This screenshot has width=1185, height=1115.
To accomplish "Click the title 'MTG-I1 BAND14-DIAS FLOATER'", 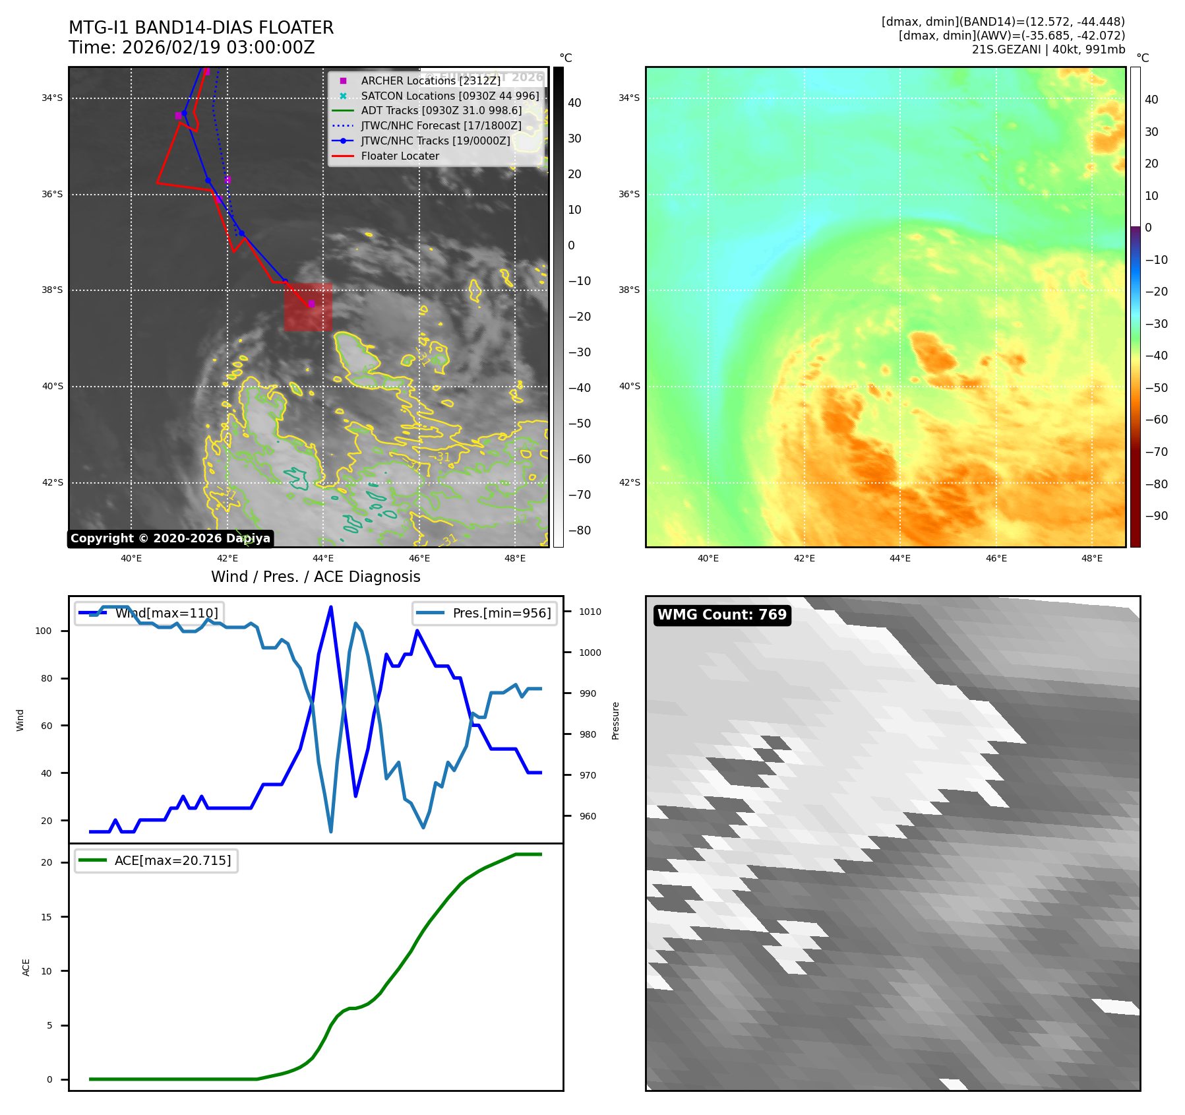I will (201, 28).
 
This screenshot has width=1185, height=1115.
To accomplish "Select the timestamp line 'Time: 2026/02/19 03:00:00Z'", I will (191, 48).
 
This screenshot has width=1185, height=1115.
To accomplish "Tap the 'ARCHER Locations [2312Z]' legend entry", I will (431, 80).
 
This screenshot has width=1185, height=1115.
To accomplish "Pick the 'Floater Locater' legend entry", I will (400, 156).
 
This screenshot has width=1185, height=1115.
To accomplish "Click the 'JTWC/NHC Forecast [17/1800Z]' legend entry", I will (441, 125).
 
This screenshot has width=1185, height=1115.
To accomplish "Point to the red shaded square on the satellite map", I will (308, 307).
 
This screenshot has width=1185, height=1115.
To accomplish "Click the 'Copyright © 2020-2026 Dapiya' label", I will (170, 538).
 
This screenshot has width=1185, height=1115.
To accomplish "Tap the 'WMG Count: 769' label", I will (722, 615).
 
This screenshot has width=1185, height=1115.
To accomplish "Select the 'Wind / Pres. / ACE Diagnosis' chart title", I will (315, 577).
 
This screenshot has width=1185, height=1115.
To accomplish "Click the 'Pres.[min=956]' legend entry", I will (501, 613).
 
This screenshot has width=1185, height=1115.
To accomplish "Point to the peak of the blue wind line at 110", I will (330, 607).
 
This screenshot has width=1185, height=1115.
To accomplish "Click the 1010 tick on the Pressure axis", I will (590, 612).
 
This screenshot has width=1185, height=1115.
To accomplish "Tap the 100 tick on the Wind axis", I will (44, 631).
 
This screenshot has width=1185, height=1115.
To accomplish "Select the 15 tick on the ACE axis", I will (46, 917).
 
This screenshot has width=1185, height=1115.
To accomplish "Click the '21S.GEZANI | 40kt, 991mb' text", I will (1048, 49).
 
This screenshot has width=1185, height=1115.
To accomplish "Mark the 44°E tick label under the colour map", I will (899, 558).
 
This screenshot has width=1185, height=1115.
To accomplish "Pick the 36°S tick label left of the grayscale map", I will (52, 195).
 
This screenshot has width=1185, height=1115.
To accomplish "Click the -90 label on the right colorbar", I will (1156, 516).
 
